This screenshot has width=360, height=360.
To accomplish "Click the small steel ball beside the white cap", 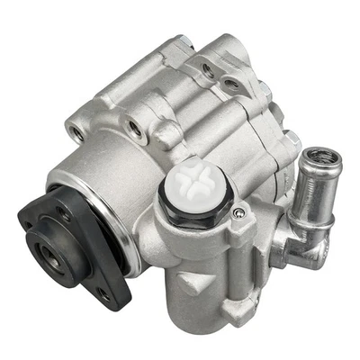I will [237, 213].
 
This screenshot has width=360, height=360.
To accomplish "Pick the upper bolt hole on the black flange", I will [62, 213].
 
